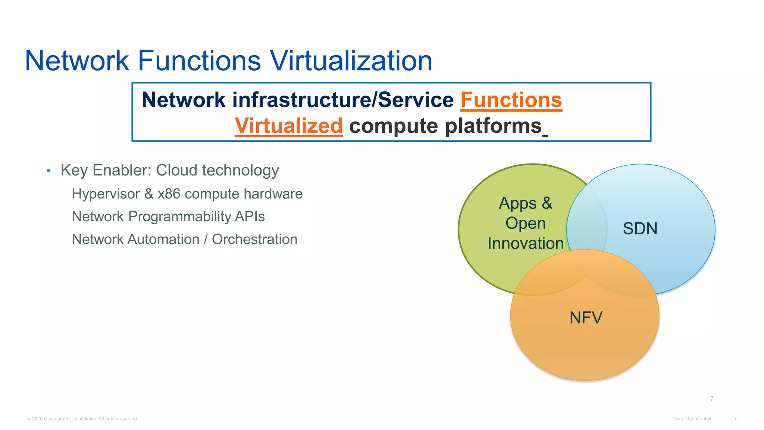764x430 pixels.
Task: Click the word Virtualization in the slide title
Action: click(351, 60)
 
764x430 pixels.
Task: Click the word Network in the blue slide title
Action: click(77, 60)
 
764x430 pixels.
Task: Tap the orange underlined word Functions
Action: click(511, 100)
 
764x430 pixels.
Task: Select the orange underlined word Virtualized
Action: click(288, 126)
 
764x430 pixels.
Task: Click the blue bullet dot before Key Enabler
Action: click(48, 171)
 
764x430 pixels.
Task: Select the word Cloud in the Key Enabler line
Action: click(176, 170)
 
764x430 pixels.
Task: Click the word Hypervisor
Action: click(106, 194)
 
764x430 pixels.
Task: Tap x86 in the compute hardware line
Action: click(169, 194)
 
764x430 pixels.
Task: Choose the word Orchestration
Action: click(254, 239)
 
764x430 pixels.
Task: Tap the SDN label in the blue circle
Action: click(640, 228)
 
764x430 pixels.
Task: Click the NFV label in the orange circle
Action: click(586, 318)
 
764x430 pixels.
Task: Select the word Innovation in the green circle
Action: click(525, 243)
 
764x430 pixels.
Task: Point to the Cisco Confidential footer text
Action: click(691, 419)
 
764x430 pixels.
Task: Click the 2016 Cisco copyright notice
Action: click(82, 419)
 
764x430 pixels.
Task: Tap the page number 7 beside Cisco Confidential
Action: click(735, 419)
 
